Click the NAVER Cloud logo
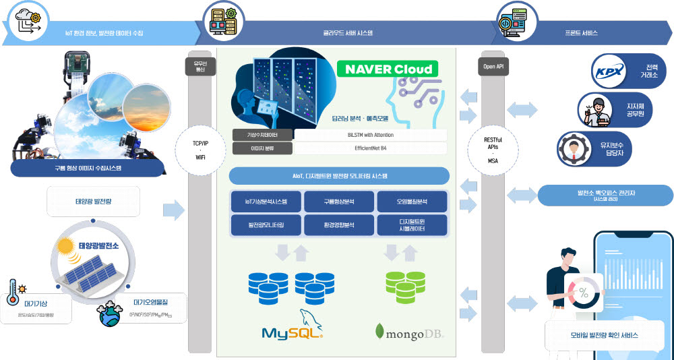click(388, 69)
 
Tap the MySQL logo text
click(293, 333)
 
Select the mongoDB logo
click(409, 332)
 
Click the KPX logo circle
click(608, 72)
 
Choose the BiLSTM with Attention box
click(370, 135)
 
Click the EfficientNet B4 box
click(370, 148)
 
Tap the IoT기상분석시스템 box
click(266, 202)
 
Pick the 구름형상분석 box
click(339, 202)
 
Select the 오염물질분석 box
click(411, 202)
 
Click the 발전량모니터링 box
click(266, 225)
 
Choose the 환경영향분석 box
click(339, 225)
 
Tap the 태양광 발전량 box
click(94, 202)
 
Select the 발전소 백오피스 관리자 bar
click(605, 196)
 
